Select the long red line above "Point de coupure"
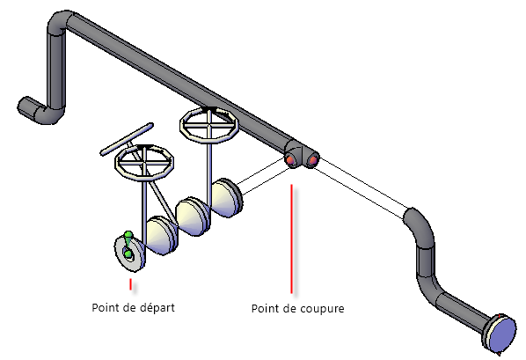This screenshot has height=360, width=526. click(291, 239)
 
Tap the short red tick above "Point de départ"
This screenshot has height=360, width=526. click(130, 283)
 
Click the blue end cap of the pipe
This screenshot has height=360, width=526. click(502, 334)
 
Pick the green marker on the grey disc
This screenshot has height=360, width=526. click(128, 244)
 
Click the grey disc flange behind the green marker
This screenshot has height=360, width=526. click(129, 253)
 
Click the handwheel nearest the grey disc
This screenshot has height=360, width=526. click(144, 163)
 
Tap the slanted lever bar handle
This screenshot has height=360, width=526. click(127, 139)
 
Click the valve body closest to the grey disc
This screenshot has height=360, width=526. click(161, 236)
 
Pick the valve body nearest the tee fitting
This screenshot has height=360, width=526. click(227, 198)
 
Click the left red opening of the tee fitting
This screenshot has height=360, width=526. click(291, 160)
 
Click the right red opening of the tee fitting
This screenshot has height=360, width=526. click(312, 160)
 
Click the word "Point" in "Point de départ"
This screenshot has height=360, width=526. click(104, 307)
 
